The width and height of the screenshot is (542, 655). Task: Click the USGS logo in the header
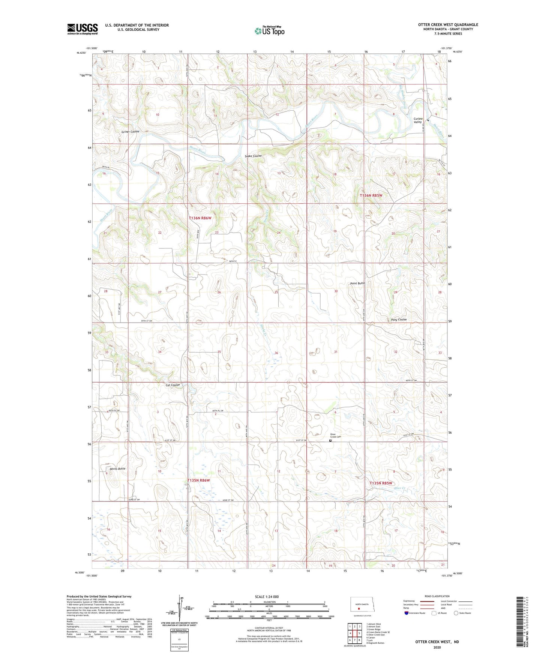pyautogui.click(x=83, y=29)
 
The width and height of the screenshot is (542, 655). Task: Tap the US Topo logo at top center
pyautogui.click(x=269, y=31)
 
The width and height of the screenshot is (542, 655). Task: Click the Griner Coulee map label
pyautogui.click(x=131, y=132)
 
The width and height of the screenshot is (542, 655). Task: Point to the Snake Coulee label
pyautogui.click(x=253, y=156)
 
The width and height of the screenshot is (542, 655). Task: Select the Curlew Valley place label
pyautogui.click(x=418, y=120)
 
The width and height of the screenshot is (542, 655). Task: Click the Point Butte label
pyautogui.click(x=357, y=283)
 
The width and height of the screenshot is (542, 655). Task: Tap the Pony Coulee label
pyautogui.click(x=399, y=320)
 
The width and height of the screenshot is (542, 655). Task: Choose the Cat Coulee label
pyautogui.click(x=173, y=385)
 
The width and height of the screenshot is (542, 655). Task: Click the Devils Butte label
pyautogui.click(x=118, y=469)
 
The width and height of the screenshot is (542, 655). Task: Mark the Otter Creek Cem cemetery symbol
pyautogui.click(x=330, y=441)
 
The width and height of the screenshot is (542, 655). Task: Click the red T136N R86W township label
pyautogui.click(x=200, y=218)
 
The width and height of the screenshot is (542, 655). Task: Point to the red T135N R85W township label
pyautogui.click(x=381, y=483)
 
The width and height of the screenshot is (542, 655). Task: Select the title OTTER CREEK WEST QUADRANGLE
pyautogui.click(x=448, y=25)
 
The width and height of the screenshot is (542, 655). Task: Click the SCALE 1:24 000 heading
pyautogui.click(x=267, y=597)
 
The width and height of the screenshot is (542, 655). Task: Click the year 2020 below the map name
pyautogui.click(x=437, y=647)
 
